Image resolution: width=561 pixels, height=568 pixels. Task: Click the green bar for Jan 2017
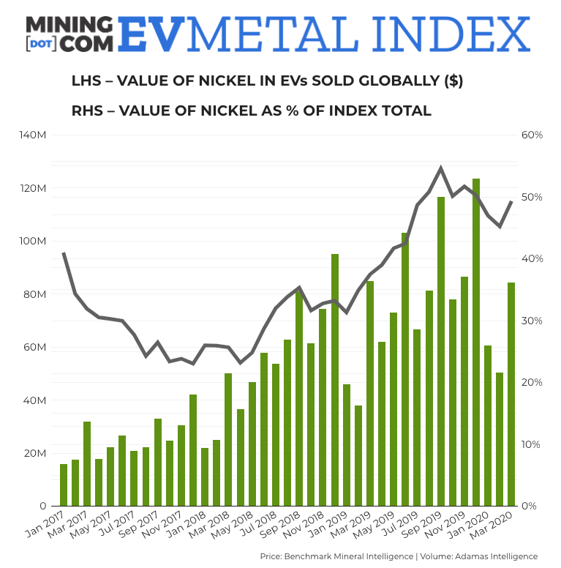64,485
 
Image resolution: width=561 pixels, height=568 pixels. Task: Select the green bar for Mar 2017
87,463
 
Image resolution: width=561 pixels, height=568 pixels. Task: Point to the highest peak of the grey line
440,168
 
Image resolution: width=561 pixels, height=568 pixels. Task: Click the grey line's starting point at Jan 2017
64,253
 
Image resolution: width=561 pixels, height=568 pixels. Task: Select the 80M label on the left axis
36,294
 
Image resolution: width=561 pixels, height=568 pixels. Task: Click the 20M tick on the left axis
36,453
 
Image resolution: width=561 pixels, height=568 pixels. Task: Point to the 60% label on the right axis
532,135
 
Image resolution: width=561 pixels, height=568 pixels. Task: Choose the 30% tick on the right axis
532,321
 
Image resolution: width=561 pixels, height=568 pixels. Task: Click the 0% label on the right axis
529,506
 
